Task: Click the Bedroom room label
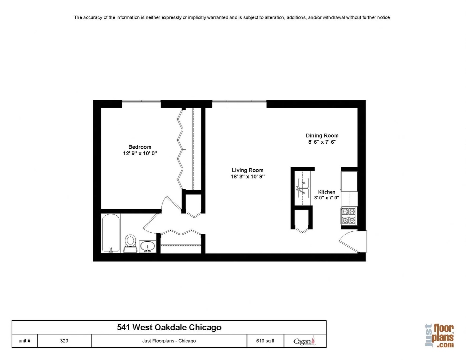coord(139,147)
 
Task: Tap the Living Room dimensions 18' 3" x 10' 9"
coord(248,177)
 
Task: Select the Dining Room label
coord(322,136)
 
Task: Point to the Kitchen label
coord(327,192)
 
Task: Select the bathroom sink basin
coord(147,247)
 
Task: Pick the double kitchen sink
coord(303,188)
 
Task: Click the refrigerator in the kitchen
coord(349,181)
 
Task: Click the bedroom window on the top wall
coord(141,104)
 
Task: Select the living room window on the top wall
coord(239,104)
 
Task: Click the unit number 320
coord(64,341)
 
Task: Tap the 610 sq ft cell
coord(265,341)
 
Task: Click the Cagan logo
coord(304,341)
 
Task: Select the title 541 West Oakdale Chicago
coord(169,327)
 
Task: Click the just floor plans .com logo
coord(439,336)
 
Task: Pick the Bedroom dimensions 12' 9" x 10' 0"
coord(140,153)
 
